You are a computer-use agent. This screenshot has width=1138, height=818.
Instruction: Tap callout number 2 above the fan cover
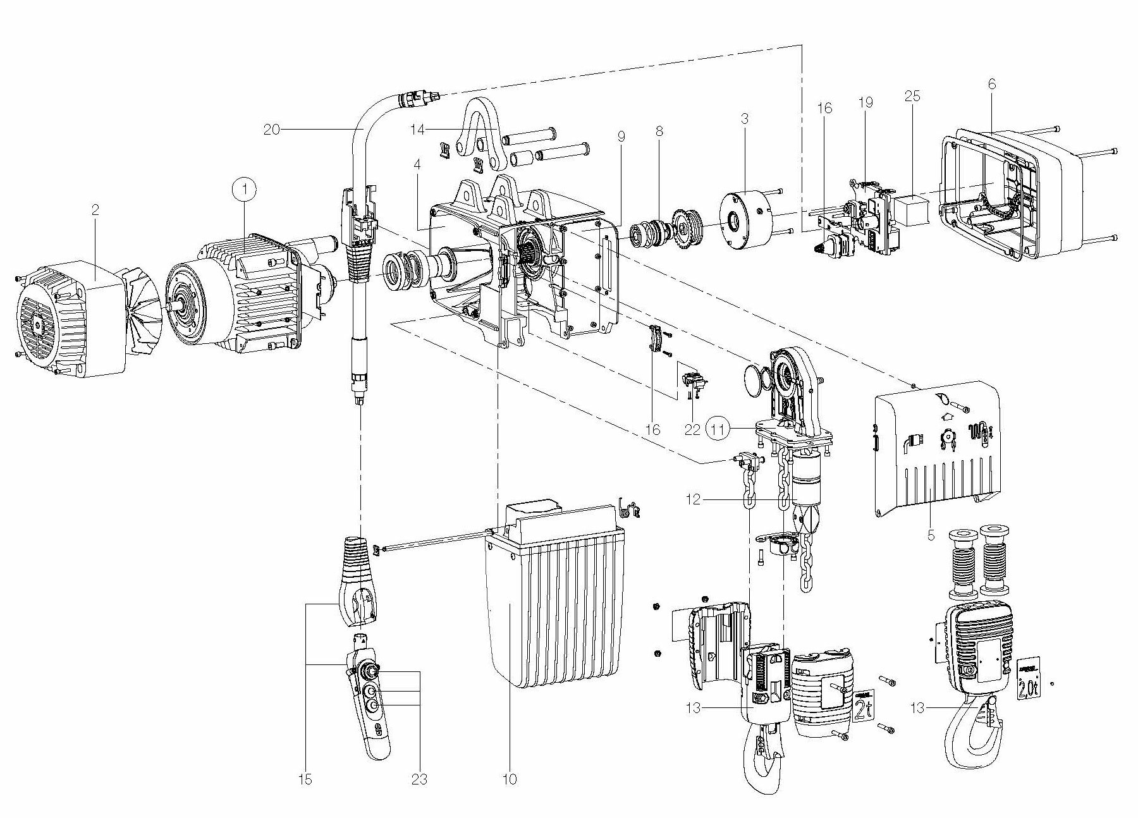(x=95, y=211)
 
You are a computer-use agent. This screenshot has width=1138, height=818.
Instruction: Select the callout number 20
(x=272, y=129)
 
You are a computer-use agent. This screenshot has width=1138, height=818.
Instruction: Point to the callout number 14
(x=417, y=129)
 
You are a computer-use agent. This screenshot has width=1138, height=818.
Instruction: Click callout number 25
(x=912, y=97)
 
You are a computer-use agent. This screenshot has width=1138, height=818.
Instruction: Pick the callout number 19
(x=866, y=102)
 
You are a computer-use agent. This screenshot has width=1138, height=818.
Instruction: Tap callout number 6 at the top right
(x=992, y=84)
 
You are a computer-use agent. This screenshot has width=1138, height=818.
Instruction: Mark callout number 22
(x=692, y=429)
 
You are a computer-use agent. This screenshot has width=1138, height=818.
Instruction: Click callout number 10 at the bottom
(x=510, y=779)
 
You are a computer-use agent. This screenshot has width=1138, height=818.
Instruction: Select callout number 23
(x=419, y=779)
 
